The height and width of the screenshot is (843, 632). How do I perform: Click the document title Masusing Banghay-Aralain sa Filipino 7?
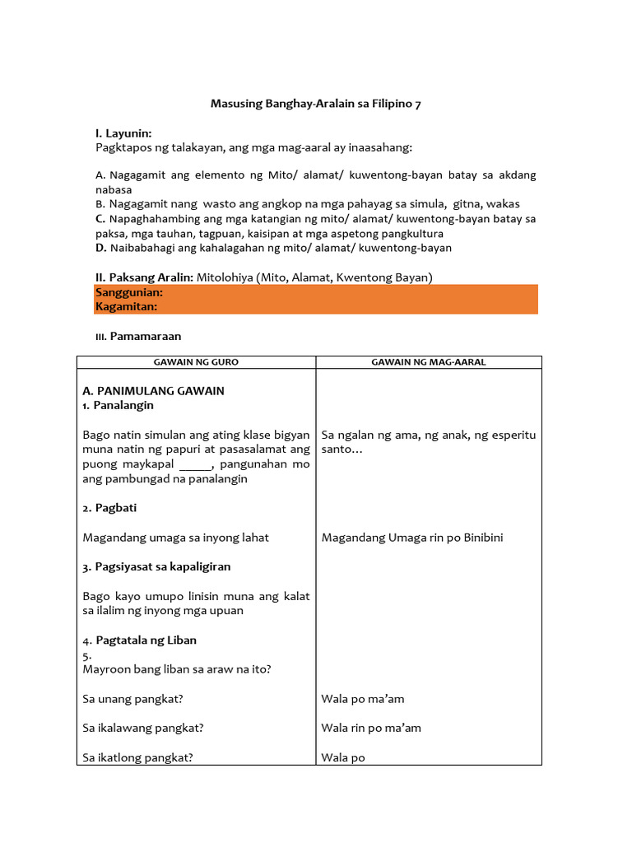click(x=316, y=104)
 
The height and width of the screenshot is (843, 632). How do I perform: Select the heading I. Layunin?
click(x=123, y=133)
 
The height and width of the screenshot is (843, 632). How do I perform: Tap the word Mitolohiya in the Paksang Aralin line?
click(x=225, y=277)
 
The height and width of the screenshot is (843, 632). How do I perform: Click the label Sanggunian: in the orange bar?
click(x=129, y=292)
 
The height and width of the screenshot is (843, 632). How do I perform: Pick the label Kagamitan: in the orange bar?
click(x=126, y=306)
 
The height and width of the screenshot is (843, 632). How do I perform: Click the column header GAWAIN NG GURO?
click(x=196, y=362)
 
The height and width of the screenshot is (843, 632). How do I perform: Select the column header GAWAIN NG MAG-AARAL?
click(x=428, y=362)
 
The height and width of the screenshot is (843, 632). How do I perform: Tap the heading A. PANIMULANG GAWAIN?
click(x=153, y=390)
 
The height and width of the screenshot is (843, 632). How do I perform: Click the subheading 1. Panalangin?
click(x=118, y=405)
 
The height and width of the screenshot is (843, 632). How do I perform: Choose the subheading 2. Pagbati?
click(x=109, y=508)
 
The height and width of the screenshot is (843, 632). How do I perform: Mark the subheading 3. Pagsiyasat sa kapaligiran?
click(x=156, y=566)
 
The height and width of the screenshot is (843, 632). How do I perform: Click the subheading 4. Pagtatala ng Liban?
click(x=139, y=640)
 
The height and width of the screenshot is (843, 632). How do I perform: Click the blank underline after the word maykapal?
click(x=195, y=464)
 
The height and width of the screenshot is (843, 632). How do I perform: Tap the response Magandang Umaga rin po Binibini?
click(x=412, y=538)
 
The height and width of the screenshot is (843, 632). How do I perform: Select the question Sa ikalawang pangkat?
click(x=143, y=728)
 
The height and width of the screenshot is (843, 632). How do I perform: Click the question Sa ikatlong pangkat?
click(x=137, y=757)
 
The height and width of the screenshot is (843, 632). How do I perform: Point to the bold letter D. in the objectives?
click(x=100, y=248)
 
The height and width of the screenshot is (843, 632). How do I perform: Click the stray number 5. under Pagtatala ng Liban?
click(x=87, y=655)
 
